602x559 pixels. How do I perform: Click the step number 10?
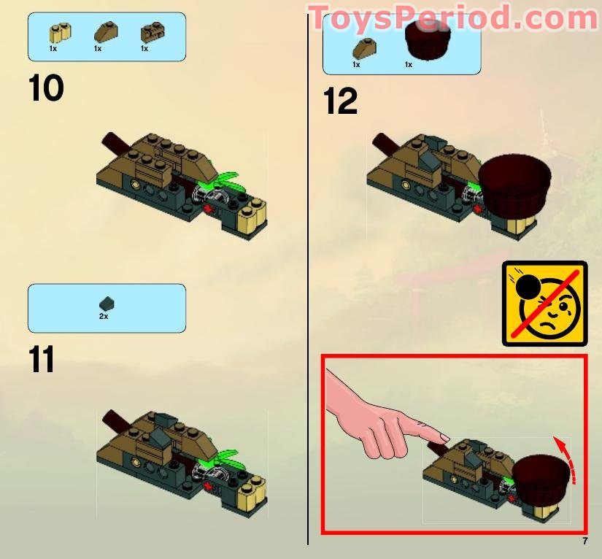pos(46,88)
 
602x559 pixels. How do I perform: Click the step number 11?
pos(42,359)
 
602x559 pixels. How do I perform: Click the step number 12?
pos(340,101)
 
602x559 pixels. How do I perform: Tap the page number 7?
pos(584,541)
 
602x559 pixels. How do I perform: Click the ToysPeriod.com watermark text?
pos(453,18)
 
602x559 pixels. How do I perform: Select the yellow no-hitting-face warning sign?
pos(545,304)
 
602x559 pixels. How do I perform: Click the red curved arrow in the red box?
pos(566,459)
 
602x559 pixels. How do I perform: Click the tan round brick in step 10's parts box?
pos(61,33)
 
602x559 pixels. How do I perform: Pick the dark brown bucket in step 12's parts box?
pos(428,40)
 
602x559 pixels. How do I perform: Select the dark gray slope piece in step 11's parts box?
pos(107,304)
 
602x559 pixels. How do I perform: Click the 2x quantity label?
pos(104,317)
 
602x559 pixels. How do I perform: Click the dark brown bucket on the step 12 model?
pos(514,183)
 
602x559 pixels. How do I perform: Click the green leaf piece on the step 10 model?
pos(226,182)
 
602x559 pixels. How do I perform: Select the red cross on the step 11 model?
pos(208,486)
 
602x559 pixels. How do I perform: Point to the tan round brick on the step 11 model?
pos(252,494)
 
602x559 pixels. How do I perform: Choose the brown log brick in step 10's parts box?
pos(153,33)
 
